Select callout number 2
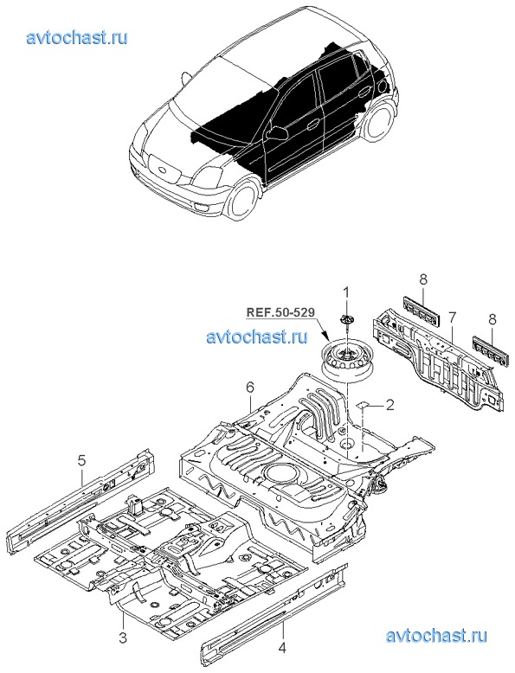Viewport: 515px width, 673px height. (389, 404)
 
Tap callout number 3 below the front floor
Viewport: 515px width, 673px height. (123, 637)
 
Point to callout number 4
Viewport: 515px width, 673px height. (282, 647)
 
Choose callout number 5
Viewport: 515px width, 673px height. (81, 461)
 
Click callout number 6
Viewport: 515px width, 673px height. (250, 388)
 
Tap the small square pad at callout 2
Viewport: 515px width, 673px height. (362, 404)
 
